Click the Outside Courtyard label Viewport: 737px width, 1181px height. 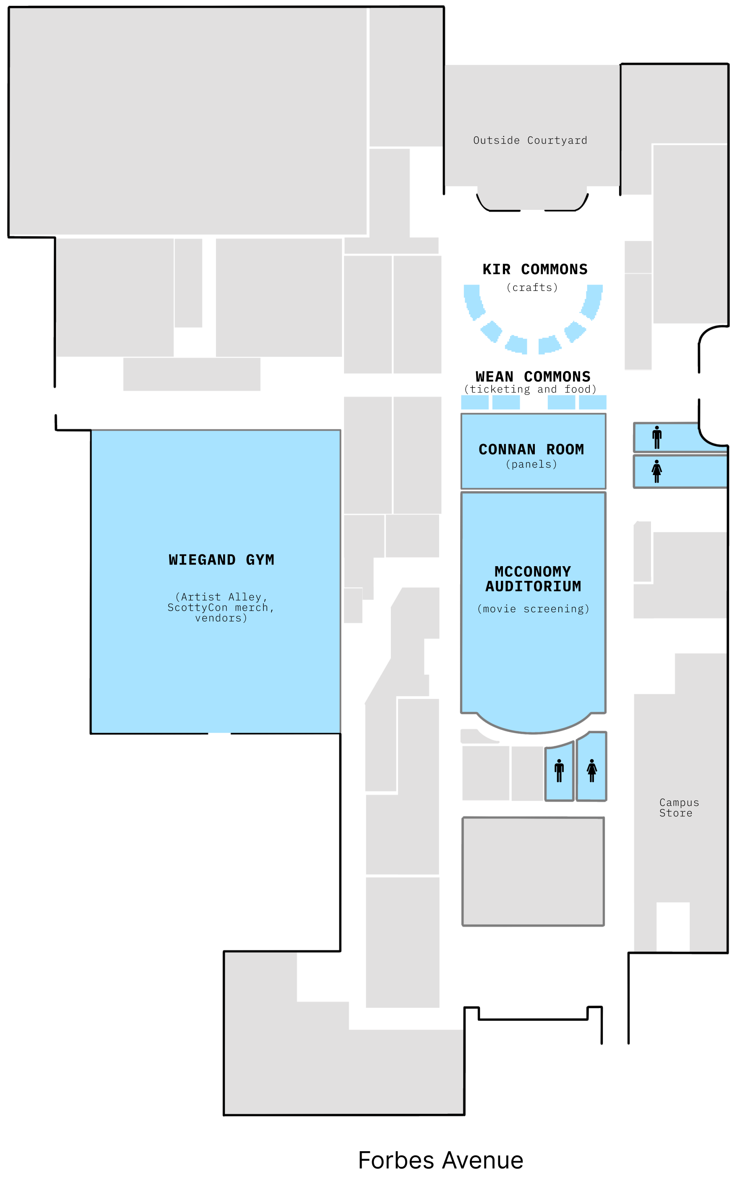click(530, 141)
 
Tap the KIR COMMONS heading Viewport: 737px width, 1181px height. click(535, 269)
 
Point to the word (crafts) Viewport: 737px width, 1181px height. click(532, 287)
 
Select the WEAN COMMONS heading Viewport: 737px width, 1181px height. click(533, 376)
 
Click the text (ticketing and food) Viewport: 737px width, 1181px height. click(530, 389)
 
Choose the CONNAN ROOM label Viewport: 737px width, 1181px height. click(531, 449)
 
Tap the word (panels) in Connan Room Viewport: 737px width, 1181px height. click(532, 464)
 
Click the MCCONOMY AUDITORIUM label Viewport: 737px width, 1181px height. click(533, 579)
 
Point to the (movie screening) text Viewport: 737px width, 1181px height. click(533, 609)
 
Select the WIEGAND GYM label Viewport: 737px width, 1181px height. click(221, 560)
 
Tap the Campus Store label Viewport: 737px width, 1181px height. click(679, 807)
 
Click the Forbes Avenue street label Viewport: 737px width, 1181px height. click(440, 1160)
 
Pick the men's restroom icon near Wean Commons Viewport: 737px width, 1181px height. click(657, 437)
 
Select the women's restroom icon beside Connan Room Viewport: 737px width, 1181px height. click(657, 471)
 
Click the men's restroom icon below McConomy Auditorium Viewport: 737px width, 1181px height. click(559, 771)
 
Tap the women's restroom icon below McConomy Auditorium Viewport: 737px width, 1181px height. click(592, 771)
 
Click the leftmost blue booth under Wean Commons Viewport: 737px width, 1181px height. click(475, 402)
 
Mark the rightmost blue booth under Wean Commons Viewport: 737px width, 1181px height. click(593, 402)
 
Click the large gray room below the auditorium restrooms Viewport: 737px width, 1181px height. click(533, 871)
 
